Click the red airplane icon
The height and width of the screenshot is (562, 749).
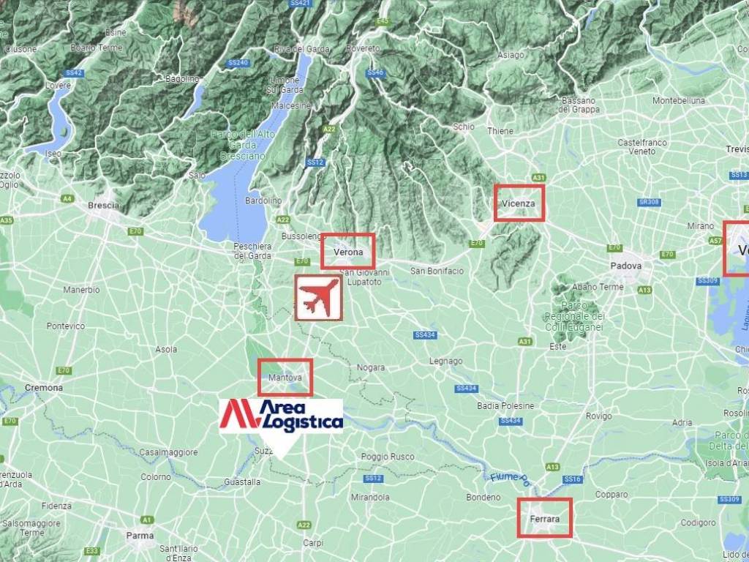(x=318, y=297)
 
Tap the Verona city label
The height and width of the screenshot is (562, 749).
(x=348, y=252)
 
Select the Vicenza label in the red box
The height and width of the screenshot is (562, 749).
(x=519, y=203)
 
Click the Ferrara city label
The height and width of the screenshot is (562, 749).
(x=544, y=519)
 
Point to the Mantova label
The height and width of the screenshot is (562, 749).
(x=285, y=378)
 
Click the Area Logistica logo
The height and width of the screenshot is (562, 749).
(x=282, y=416)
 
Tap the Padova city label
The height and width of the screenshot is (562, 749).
(x=627, y=266)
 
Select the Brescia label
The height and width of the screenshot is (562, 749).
(x=103, y=206)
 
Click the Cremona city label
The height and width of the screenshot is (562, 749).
(x=44, y=388)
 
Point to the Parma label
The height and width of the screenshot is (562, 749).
(x=140, y=536)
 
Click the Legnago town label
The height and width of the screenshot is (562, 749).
(x=445, y=361)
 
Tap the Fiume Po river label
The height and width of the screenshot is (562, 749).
(x=508, y=479)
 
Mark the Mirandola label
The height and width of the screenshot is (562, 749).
(x=370, y=498)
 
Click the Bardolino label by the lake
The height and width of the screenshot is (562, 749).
(x=263, y=201)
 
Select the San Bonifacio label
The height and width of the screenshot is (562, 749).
(x=437, y=271)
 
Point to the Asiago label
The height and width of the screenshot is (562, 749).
(x=511, y=56)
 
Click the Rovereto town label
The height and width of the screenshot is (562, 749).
(x=364, y=48)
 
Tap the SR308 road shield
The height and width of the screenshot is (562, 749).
(x=648, y=202)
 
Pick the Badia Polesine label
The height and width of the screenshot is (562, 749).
(x=505, y=406)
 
